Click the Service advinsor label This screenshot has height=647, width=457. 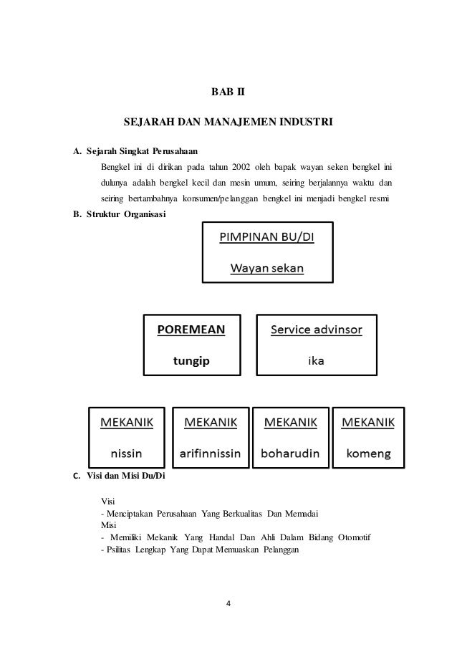click(x=316, y=330)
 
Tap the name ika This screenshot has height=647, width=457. click(x=315, y=361)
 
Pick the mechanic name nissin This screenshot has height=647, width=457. click(x=125, y=453)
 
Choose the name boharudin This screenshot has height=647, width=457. click(x=291, y=453)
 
